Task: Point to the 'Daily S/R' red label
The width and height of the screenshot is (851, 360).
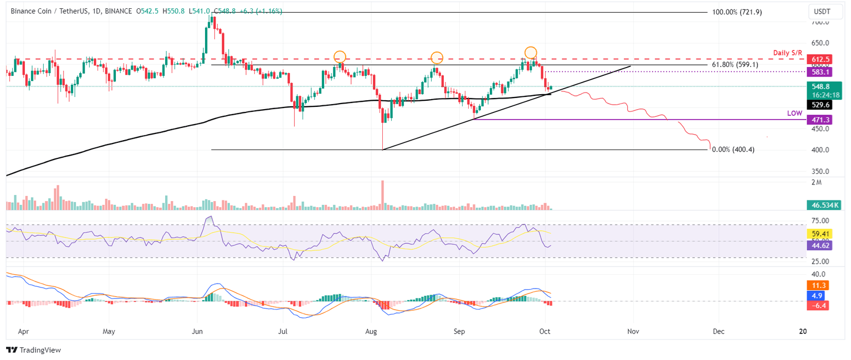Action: tap(790, 53)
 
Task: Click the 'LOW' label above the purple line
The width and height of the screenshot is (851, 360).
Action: tap(794, 113)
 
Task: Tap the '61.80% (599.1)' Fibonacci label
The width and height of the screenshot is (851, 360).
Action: tap(735, 65)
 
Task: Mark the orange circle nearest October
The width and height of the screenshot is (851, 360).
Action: tap(531, 53)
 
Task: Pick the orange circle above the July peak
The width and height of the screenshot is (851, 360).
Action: tap(340, 56)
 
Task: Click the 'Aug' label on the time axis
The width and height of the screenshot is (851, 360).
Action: tap(371, 331)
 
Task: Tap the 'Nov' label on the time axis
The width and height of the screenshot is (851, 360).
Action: tap(633, 331)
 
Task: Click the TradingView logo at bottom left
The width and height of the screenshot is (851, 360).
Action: tap(33, 350)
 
